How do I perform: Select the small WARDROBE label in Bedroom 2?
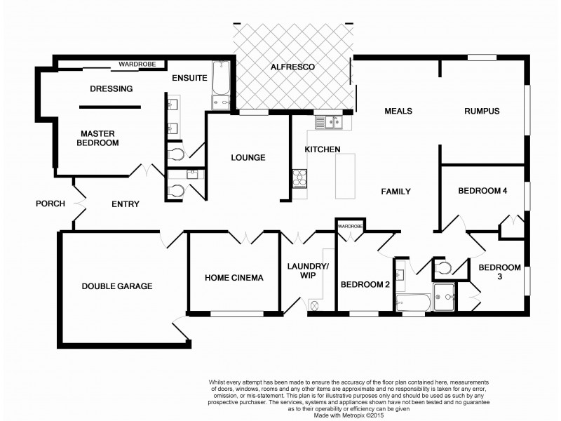pyautogui.click(x=350, y=227)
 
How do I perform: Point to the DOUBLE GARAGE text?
pyautogui.click(x=117, y=286)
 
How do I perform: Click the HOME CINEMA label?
pyautogui.click(x=234, y=278)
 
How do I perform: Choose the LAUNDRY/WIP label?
pyautogui.click(x=308, y=270)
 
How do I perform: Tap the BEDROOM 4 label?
pyautogui.click(x=482, y=191)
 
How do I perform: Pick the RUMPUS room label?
pyautogui.click(x=481, y=111)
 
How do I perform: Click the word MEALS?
pyautogui.click(x=398, y=111)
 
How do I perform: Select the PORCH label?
pyautogui.click(x=50, y=204)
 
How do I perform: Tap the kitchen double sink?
pyautogui.click(x=327, y=123)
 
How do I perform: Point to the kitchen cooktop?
pyautogui.click(x=300, y=178)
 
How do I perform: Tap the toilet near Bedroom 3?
pyautogui.click(x=442, y=267)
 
